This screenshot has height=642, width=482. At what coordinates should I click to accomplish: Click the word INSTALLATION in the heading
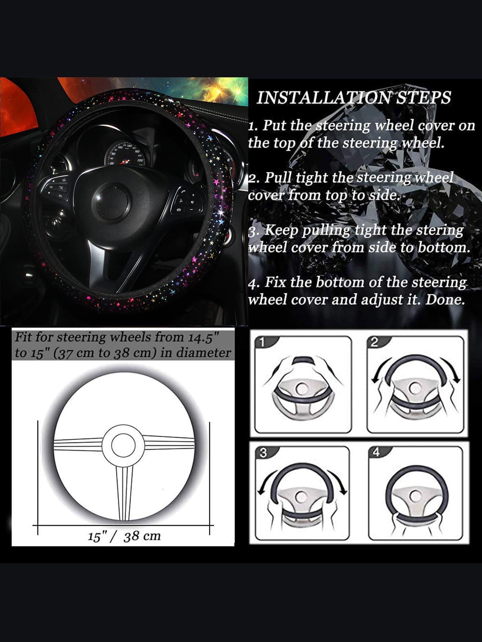coord(324,97)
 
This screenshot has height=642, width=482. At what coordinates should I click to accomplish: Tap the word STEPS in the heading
coord(423,97)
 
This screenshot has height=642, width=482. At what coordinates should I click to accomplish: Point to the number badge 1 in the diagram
coord(262,342)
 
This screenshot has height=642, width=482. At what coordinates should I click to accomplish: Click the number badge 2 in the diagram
coord(374,342)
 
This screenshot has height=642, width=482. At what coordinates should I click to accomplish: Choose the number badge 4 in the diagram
coord(376,452)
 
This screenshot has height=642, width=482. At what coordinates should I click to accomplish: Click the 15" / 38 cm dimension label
coord(124,536)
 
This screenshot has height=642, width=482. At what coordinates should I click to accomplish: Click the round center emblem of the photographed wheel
coord(113,199)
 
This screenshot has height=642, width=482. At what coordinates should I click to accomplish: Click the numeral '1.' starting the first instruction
coord(253,126)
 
